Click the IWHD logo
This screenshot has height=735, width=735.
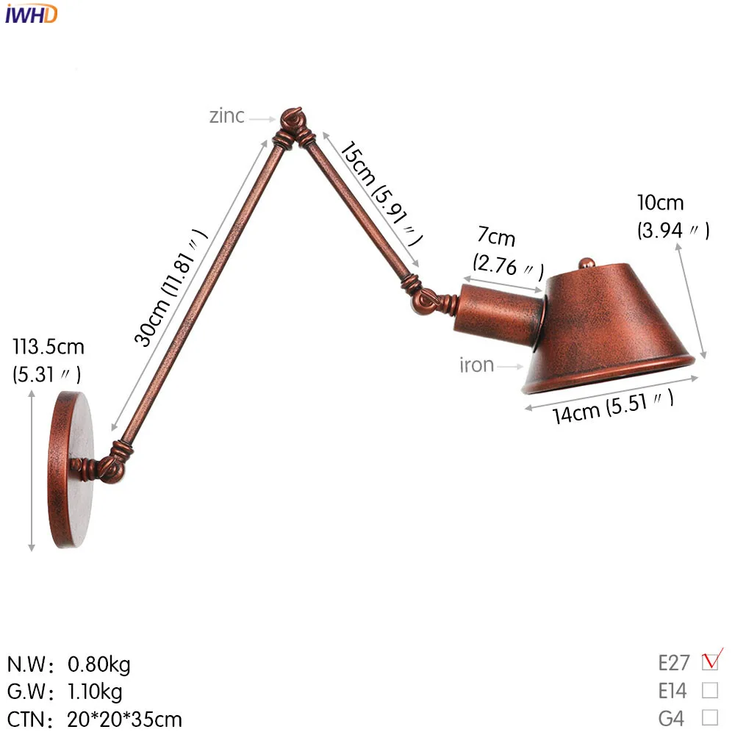coord(30,14)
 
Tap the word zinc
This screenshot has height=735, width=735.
coord(226,116)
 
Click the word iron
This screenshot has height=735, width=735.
coord(476,365)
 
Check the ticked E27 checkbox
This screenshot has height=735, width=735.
coord(710,661)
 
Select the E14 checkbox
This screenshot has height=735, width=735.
coord(710,690)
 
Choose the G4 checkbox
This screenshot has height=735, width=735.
coord(710,717)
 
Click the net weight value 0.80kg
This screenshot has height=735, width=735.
coord(99,665)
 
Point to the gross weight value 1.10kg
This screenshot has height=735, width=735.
coord(96,692)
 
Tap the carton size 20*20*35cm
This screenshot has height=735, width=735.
coord(125,718)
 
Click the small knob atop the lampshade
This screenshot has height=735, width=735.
coord(585,262)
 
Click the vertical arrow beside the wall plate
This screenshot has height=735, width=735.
coord(31,470)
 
